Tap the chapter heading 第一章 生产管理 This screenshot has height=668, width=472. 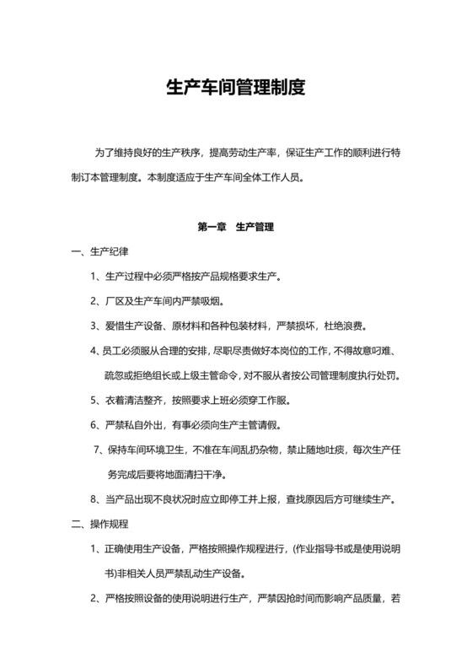pyautogui.click(x=235, y=227)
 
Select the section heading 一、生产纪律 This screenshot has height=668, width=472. pyautogui.click(x=99, y=251)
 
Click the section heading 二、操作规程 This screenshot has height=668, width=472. pyautogui.click(x=99, y=525)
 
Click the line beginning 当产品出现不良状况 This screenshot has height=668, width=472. pyautogui.click(x=244, y=499)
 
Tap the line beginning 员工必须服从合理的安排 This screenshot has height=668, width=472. pyautogui.click(x=244, y=351)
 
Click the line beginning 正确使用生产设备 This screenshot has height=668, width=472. pyautogui.click(x=244, y=550)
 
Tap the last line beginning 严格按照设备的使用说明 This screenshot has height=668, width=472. pyautogui.click(x=244, y=600)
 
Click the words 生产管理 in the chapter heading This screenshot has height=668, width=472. pyautogui.click(x=255, y=227)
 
